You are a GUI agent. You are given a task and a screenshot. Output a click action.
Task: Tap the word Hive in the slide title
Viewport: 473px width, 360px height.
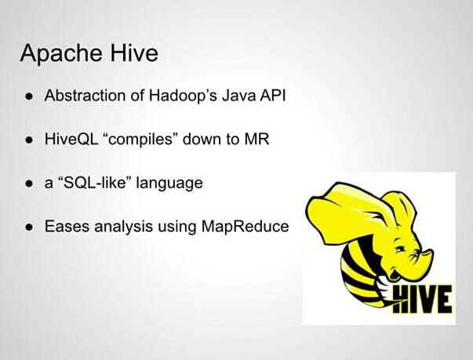coord(134,53)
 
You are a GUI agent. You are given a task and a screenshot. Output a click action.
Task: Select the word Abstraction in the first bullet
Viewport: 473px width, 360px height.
coord(85,95)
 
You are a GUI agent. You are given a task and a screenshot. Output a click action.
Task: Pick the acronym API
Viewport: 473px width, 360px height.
coord(271,95)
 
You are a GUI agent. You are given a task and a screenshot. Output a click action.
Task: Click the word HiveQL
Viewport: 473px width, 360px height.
coord(72,139)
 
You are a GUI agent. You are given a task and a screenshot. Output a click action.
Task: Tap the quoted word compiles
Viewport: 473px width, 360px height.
coord(140,140)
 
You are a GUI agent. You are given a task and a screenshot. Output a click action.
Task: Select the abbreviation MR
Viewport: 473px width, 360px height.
coord(257,139)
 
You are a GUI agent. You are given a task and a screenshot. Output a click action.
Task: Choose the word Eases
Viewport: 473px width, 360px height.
coord(67,226)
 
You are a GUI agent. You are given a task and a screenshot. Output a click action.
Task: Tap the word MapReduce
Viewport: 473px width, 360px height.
coord(246,227)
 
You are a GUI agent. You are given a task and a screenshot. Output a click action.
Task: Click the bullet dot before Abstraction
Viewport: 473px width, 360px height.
coord(29,96)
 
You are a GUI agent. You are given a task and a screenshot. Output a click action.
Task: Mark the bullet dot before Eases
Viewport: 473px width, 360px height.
coord(29,227)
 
